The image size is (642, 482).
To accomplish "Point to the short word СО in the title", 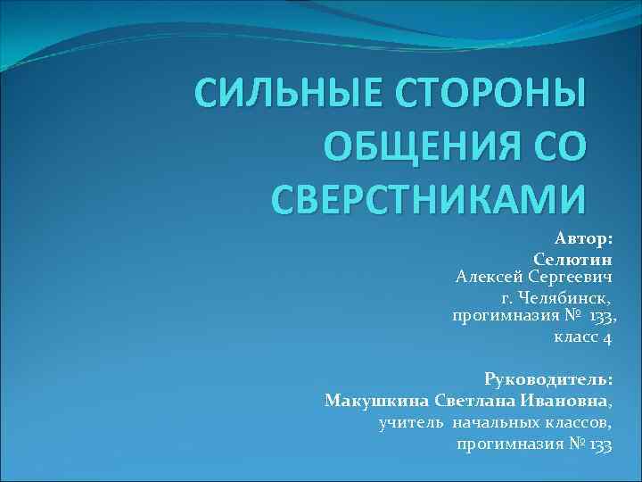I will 554,146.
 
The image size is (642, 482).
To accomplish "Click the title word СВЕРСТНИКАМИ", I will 427,199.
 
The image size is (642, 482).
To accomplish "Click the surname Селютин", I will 572,259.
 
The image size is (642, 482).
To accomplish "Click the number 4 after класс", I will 607,337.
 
